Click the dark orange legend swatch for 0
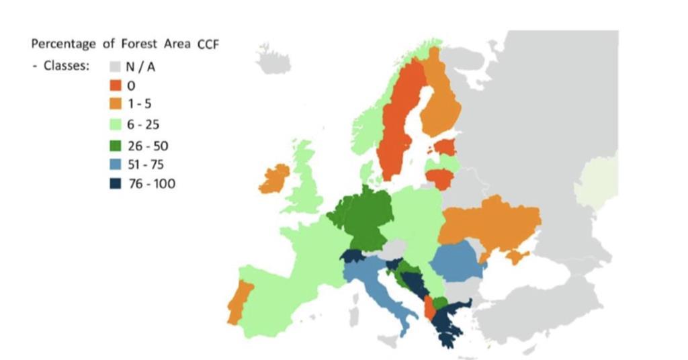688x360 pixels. [x=116, y=86]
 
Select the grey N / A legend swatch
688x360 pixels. [x=116, y=66]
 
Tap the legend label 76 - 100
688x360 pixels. [x=152, y=183]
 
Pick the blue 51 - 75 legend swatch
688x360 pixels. [x=116, y=164]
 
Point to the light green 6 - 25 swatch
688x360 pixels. [x=116, y=125]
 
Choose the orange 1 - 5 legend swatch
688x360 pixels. [x=116, y=105]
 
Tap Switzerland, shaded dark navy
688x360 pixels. [x=352, y=257]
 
